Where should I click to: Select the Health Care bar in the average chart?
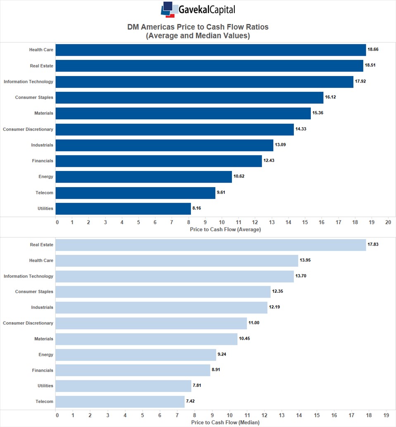pyautogui.click(x=210, y=50)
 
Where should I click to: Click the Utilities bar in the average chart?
pyautogui.click(x=123, y=209)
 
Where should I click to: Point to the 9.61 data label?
pyautogui.click(x=222, y=192)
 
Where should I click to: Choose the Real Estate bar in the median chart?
pyautogui.click(x=210, y=245)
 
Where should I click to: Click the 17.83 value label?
pyautogui.click(x=373, y=244)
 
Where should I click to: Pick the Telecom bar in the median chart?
pyautogui.click(x=120, y=402)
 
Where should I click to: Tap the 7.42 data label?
pyautogui.click(x=191, y=401)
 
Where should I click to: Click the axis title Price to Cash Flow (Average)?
pyautogui.click(x=225, y=230)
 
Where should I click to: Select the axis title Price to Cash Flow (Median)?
pyautogui.click(x=225, y=422)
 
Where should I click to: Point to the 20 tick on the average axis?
pyautogui.click(x=388, y=222)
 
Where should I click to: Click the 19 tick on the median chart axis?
pyautogui.click(x=386, y=415)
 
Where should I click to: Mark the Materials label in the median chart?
pyautogui.click(x=44, y=339)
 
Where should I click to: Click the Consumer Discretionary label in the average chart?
pyautogui.click(x=28, y=129)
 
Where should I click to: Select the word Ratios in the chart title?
pyautogui.click(x=254, y=27)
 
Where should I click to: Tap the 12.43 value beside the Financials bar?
pyautogui.click(x=269, y=161)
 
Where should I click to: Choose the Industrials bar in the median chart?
pyautogui.click(x=161, y=308)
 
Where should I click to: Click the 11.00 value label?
pyautogui.click(x=254, y=323)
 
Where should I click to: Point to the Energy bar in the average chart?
pyautogui.click(x=143, y=177)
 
